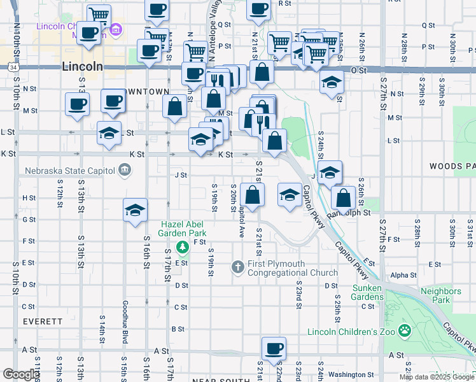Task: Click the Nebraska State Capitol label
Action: (70, 171)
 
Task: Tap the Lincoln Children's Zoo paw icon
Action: (404, 330)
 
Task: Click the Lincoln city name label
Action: (83, 66)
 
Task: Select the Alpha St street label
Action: (403, 276)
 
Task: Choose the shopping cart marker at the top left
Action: (98, 15)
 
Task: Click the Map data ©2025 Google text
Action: (435, 377)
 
